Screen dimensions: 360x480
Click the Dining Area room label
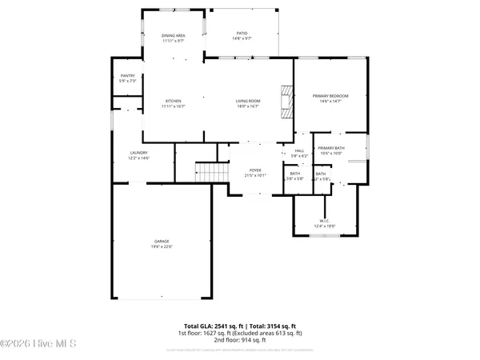point(174,35)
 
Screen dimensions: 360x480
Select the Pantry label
point(128,77)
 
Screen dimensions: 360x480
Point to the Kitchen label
point(174,101)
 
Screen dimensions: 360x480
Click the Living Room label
point(247,101)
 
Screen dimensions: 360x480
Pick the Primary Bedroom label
point(330,96)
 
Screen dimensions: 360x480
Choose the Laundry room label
point(140,154)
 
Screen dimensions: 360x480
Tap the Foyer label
point(256,170)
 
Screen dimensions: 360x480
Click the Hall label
point(300,150)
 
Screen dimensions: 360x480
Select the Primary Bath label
point(330,149)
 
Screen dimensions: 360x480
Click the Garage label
point(162,241)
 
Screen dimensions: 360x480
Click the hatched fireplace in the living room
point(286,101)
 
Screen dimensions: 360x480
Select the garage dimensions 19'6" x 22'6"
point(162,246)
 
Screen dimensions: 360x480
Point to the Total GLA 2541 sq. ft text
point(215,326)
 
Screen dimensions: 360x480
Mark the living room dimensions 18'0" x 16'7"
point(247,106)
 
